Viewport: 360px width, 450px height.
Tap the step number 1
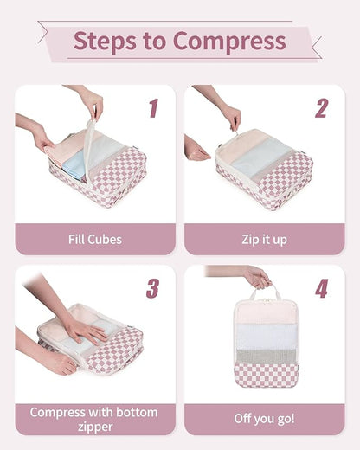[153, 108]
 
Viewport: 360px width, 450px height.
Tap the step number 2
[321, 108]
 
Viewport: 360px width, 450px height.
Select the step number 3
[153, 288]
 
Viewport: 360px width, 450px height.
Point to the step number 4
[321, 288]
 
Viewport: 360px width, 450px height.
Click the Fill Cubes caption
[95, 239]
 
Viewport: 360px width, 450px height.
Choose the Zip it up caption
[264, 239]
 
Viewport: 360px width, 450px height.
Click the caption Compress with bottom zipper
[95, 419]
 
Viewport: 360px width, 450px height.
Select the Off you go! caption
[264, 419]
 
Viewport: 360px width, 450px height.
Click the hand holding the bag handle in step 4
[255, 277]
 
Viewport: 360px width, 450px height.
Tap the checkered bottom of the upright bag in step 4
[266, 375]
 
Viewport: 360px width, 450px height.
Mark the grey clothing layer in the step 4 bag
[266, 355]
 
